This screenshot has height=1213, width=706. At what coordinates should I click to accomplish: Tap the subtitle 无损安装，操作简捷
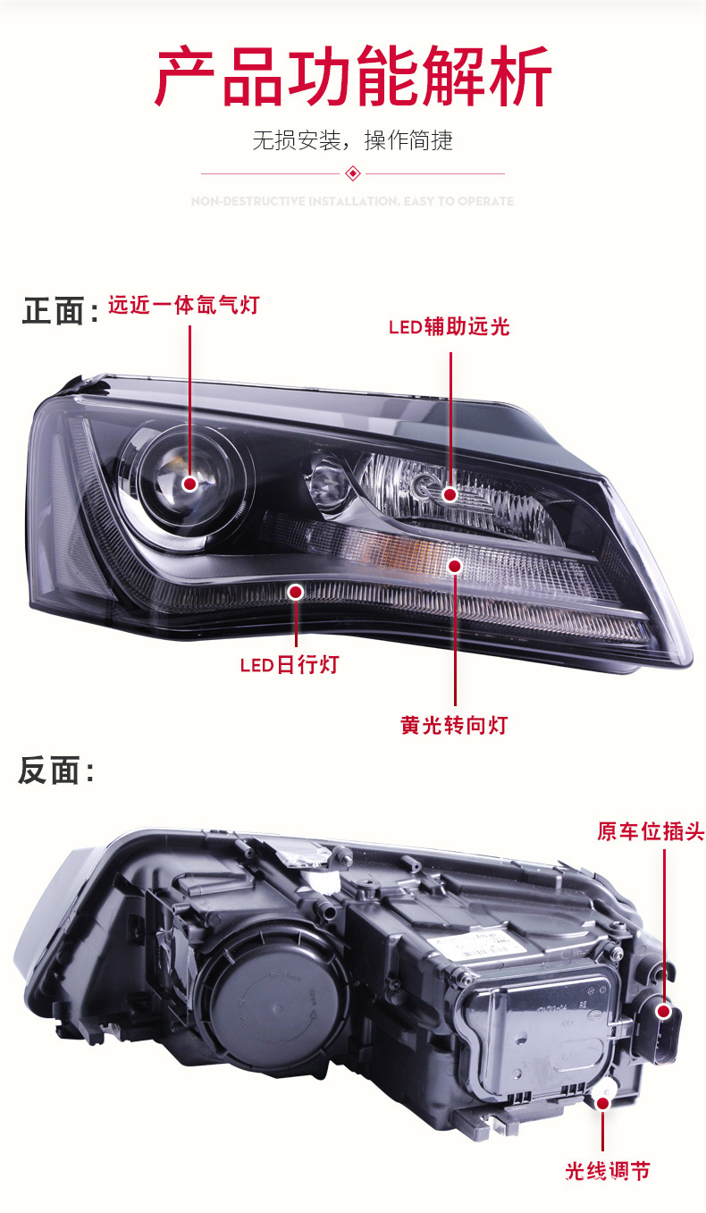pyautogui.click(x=353, y=140)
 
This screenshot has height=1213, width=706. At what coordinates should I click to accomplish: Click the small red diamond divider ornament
pyautogui.click(x=353, y=173)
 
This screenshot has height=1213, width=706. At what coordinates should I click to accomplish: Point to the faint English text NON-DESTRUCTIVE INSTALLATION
pyautogui.click(x=353, y=202)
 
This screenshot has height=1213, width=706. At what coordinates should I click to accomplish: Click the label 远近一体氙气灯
pyautogui.click(x=183, y=306)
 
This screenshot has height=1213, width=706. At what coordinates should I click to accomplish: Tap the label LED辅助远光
pyautogui.click(x=449, y=327)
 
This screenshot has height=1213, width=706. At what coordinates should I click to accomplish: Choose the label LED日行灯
pyautogui.click(x=290, y=665)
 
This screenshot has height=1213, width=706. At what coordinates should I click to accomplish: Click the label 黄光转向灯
pyautogui.click(x=454, y=725)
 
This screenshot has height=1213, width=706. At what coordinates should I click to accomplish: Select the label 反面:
pyautogui.click(x=56, y=771)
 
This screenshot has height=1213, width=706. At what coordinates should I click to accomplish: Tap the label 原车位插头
pyautogui.click(x=651, y=832)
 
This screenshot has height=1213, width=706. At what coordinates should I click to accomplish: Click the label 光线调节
pyautogui.click(x=608, y=1171)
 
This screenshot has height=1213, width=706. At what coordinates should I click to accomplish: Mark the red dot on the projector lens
pyautogui.click(x=189, y=484)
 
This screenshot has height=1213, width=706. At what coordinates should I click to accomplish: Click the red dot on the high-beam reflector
pyautogui.click(x=450, y=494)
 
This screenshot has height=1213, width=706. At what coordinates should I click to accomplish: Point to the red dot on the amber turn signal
pyautogui.click(x=455, y=565)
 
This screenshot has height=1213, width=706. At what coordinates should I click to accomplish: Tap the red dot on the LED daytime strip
pyautogui.click(x=296, y=592)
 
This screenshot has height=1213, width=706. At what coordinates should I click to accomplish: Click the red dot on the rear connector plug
pyautogui.click(x=663, y=1011)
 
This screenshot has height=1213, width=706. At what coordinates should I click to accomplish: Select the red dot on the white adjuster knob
pyautogui.click(x=602, y=1103)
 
